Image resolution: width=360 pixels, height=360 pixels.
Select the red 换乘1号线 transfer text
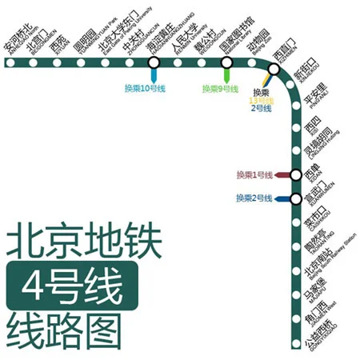pos(254,174)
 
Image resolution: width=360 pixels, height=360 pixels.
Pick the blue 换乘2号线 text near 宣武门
pos(254,198)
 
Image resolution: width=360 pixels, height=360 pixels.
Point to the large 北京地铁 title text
pos(84,243)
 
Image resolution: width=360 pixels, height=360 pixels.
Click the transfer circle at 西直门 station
pos(274,70)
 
